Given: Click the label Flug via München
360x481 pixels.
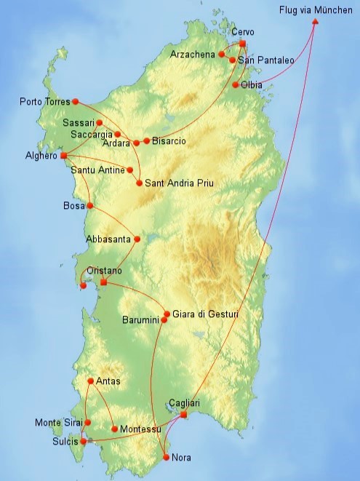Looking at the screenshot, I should click(317, 9).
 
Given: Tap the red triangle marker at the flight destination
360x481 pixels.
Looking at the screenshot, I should click(315, 21).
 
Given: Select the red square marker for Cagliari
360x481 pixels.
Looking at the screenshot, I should click(183, 415).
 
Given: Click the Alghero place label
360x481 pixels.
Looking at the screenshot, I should click(41, 156).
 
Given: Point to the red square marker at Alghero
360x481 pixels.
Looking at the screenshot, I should click(64, 156).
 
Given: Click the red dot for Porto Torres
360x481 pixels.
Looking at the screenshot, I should click(75, 101).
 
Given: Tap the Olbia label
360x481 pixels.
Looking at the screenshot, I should click(252, 85).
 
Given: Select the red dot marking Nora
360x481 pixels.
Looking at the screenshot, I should click(167, 457).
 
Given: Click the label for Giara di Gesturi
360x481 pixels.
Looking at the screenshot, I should click(205, 314).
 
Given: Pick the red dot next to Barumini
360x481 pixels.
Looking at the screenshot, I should click(164, 320).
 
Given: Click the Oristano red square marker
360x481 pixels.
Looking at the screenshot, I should click(103, 282).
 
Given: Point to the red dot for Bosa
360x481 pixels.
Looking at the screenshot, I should click(90, 206).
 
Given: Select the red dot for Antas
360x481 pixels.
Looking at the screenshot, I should click(90, 381).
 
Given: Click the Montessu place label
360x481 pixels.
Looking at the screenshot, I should click(140, 429).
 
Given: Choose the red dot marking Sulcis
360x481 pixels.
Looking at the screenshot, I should click(84, 441).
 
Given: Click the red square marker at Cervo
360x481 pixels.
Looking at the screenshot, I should click(242, 44).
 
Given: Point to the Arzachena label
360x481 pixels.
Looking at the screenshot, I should click(193, 54).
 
